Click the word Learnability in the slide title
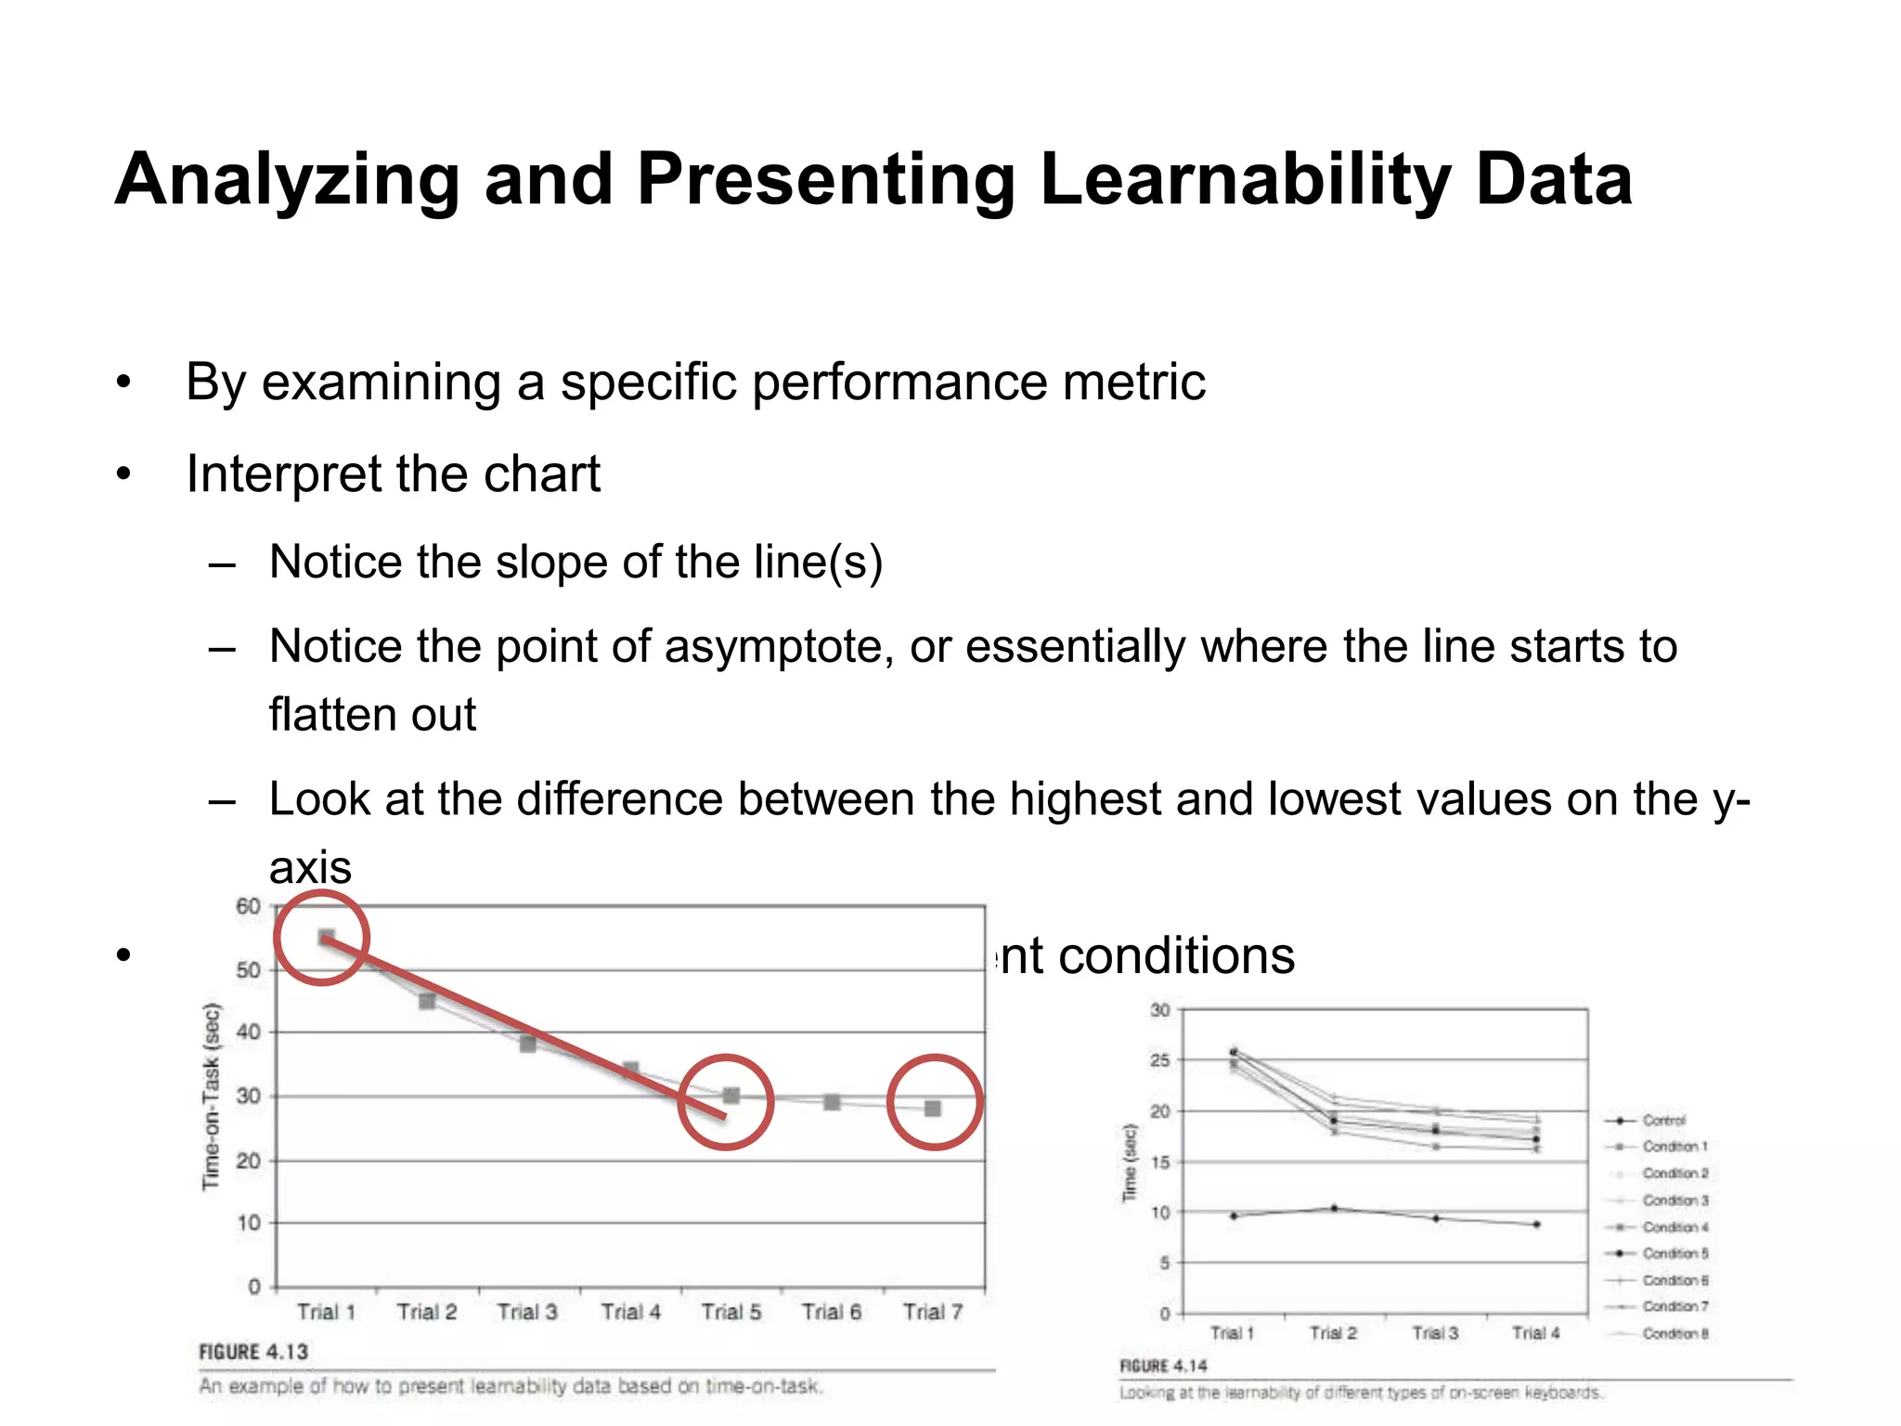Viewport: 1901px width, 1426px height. point(1244,179)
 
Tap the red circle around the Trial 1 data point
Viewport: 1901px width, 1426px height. point(322,938)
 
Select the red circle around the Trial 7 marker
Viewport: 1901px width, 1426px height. point(935,1102)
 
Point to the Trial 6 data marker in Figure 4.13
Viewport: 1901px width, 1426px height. point(832,1102)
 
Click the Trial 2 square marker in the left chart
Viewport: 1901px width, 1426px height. point(427,1001)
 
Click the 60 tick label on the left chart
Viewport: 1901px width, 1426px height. point(248,906)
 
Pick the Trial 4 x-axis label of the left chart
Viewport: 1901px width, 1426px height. point(630,1312)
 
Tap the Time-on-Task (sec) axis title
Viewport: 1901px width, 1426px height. point(212,1095)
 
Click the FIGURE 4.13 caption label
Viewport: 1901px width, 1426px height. point(253,1352)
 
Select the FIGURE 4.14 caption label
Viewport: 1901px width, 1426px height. point(1163,1366)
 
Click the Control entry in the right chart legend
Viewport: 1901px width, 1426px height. point(1663,1121)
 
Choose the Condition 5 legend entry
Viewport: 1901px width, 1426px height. point(1675,1253)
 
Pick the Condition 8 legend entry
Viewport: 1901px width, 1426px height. point(1675,1334)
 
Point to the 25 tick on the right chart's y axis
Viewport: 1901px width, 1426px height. point(1160,1060)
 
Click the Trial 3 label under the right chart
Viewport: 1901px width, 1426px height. point(1435,1333)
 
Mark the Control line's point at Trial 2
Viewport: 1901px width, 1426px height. point(1334,1208)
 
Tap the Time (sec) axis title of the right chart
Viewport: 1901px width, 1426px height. point(1130,1162)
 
